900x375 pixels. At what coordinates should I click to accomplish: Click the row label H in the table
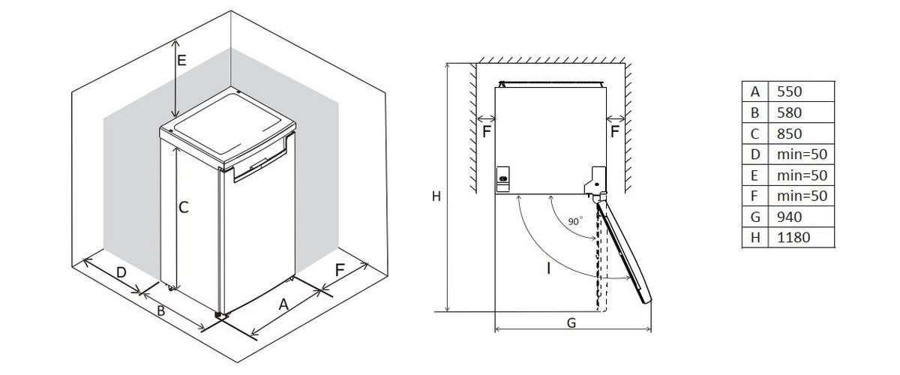click(x=754, y=238)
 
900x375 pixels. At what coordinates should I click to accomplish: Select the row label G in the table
click(x=754, y=217)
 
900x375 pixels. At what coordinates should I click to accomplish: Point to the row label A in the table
click(x=754, y=91)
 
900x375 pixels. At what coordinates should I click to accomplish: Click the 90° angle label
click(x=574, y=221)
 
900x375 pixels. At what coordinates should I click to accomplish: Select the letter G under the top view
click(x=571, y=322)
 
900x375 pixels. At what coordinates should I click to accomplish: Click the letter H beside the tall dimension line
click(x=435, y=196)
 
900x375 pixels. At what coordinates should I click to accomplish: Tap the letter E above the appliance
click(x=181, y=61)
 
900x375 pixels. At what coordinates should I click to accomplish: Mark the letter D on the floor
click(x=121, y=272)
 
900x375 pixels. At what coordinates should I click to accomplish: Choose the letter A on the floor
click(x=283, y=304)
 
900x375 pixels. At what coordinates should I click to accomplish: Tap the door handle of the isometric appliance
click(x=259, y=163)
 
